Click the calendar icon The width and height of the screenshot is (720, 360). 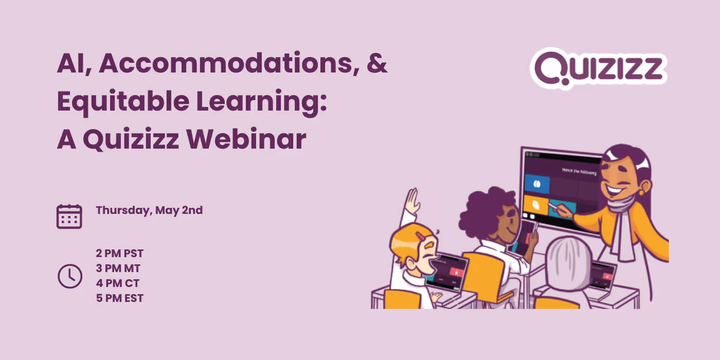[69, 216]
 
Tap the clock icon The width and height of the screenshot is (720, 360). [69, 276]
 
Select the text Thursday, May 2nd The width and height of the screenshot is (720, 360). [149, 210]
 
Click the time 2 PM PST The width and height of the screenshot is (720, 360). [119, 253]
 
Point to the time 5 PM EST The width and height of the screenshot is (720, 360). [119, 298]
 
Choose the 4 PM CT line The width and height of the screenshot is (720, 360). [117, 283]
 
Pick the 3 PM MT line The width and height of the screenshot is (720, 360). [118, 268]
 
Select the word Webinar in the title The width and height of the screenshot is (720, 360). [246, 139]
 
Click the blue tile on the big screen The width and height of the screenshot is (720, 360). [537, 184]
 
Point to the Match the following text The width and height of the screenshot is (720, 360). [579, 171]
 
